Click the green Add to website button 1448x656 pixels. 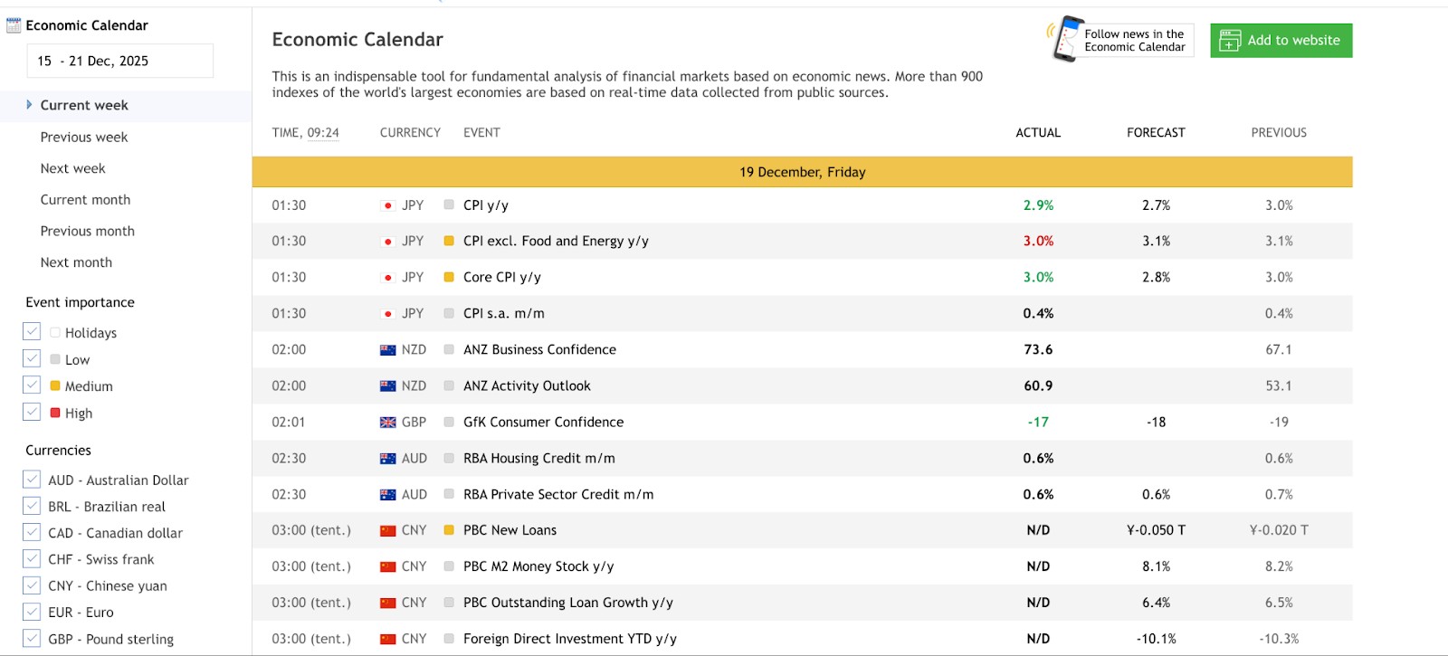coord(1281,40)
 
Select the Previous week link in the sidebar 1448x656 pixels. coord(84,137)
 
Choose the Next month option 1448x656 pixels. coord(76,262)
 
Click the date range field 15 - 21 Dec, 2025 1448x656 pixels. coord(119,61)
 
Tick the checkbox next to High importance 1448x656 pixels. coord(32,412)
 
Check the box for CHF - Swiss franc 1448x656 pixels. coord(32,558)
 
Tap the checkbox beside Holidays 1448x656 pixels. coord(32,331)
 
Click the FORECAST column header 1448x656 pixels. coord(1156,132)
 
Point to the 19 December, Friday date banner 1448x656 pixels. coord(802,172)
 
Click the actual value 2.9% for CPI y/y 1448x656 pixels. coord(1038,205)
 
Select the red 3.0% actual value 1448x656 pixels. coord(1038,241)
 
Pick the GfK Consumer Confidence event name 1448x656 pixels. coord(544,422)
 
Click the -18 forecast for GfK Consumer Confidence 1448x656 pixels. coord(1156,422)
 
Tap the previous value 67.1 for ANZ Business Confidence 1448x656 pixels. coord(1279,349)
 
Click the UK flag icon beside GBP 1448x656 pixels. coord(388,422)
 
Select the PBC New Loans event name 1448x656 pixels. coord(510,530)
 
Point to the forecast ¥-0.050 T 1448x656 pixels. coord(1156,530)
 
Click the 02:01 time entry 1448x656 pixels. coord(289,422)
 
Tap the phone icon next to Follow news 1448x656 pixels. coord(1066,39)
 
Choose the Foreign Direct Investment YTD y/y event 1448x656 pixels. coord(570,639)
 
